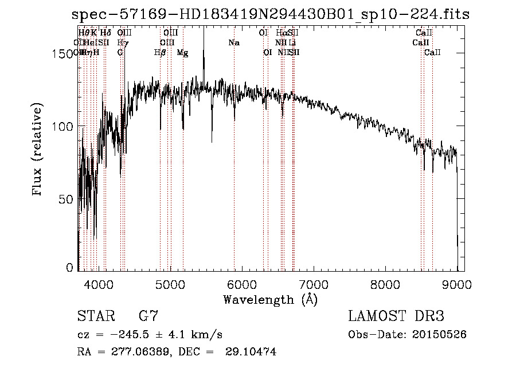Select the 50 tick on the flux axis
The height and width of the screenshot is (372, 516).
click(x=67, y=199)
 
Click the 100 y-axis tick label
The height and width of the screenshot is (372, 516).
click(x=64, y=126)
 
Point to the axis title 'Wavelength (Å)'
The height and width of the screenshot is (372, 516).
click(x=270, y=299)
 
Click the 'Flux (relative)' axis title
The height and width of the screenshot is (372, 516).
click(x=38, y=151)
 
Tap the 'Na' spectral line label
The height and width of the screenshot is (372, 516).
click(x=234, y=43)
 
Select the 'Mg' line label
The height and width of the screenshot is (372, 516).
click(x=182, y=53)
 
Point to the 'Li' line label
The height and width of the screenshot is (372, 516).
click(x=292, y=43)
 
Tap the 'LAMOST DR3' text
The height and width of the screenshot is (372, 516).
click(x=396, y=316)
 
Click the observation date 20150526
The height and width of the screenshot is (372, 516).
click(x=437, y=334)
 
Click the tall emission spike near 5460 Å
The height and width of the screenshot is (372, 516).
click(x=204, y=46)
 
